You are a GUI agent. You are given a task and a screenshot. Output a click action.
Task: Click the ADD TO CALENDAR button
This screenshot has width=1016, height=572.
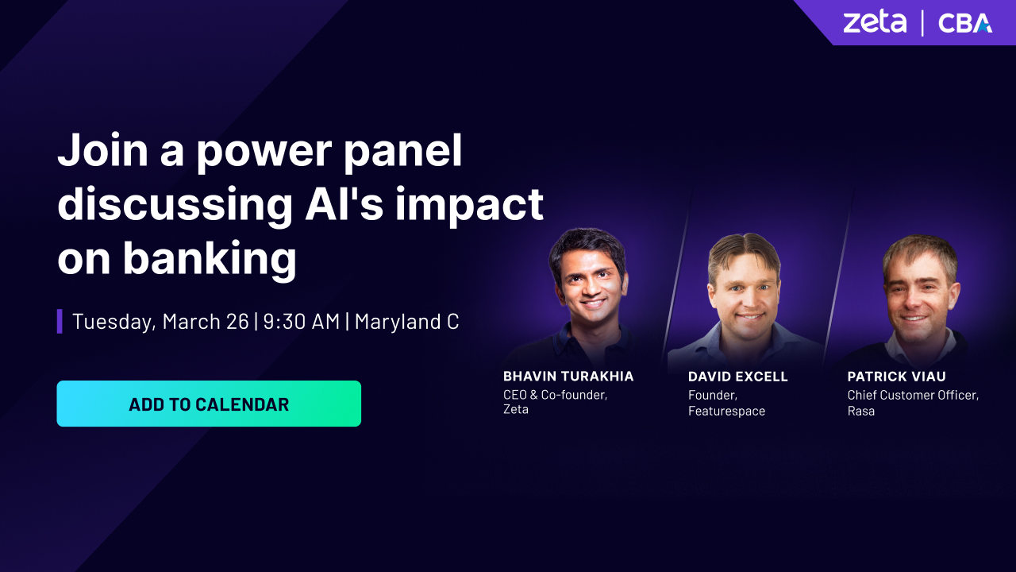pos(209,404)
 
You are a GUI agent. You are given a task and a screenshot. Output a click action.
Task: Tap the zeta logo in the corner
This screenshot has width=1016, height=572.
pos(875,23)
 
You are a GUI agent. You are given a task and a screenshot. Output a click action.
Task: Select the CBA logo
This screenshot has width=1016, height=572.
pos(964,23)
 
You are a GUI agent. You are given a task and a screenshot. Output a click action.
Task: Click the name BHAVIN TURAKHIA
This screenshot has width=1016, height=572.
pos(568,377)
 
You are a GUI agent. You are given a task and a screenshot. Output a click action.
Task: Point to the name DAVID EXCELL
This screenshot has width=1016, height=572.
pos(738,377)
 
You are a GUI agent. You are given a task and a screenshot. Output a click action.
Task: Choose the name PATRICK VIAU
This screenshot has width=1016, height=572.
pos(897,377)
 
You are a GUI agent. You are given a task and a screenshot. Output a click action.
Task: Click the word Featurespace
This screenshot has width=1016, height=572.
pos(726,411)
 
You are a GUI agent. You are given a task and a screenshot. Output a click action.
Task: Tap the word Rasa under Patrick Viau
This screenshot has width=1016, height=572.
pos(861,411)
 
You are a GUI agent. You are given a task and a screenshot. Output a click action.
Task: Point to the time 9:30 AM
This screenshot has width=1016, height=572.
pos(301,322)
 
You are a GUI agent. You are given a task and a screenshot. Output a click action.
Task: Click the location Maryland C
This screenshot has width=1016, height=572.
pos(406,322)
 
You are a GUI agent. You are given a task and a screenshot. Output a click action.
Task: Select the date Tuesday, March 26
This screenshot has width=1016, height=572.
pos(160,322)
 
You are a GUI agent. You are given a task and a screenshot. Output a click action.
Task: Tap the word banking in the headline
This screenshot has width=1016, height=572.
pos(210,258)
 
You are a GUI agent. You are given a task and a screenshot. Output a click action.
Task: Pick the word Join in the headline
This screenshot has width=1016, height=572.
pos(102,150)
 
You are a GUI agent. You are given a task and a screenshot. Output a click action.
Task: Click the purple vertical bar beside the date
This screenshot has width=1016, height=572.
pos(60,322)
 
